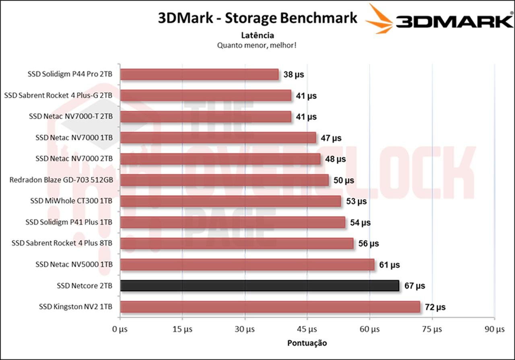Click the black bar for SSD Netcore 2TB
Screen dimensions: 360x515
tap(260, 286)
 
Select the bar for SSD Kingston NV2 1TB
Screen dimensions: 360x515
tap(270, 307)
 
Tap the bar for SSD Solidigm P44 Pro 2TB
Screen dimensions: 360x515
tap(199, 74)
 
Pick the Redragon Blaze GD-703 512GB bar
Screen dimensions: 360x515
tap(224, 180)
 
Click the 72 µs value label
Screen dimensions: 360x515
tap(435, 307)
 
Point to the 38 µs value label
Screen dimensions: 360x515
tap(294, 74)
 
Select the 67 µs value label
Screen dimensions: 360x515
tap(414, 286)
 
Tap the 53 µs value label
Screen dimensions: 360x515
tap(356, 201)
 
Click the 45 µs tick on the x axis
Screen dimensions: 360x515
tap(307, 329)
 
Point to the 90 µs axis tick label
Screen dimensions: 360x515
tap(494, 329)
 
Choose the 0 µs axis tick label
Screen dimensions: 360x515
tap(120, 329)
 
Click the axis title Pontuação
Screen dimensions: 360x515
tap(307, 343)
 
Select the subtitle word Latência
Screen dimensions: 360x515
tap(257, 35)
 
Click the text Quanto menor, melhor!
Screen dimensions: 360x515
tap(257, 45)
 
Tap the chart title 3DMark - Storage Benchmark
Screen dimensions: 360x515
tap(257, 18)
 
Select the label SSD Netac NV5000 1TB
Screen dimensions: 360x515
tap(74, 265)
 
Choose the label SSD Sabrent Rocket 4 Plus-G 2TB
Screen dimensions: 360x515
tap(58, 95)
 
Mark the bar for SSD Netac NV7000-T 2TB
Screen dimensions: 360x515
tap(206, 117)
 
